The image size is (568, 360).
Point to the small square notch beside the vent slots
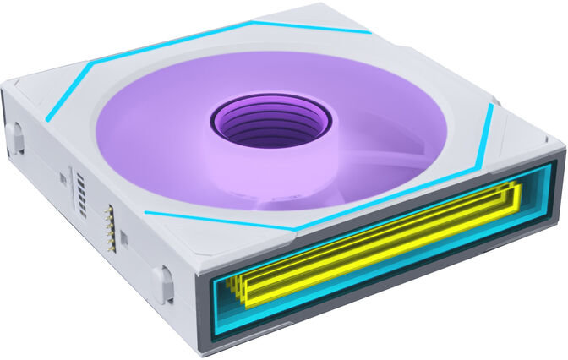tap(63, 178)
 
